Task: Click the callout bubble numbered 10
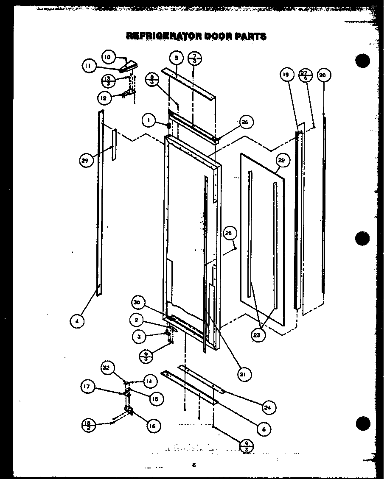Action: click(108, 56)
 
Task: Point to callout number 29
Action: click(86, 160)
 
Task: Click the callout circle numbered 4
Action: click(77, 322)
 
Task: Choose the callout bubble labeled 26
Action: click(245, 122)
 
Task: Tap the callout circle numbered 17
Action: click(88, 386)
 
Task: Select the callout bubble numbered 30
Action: click(138, 303)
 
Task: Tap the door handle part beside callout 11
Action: click(129, 66)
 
